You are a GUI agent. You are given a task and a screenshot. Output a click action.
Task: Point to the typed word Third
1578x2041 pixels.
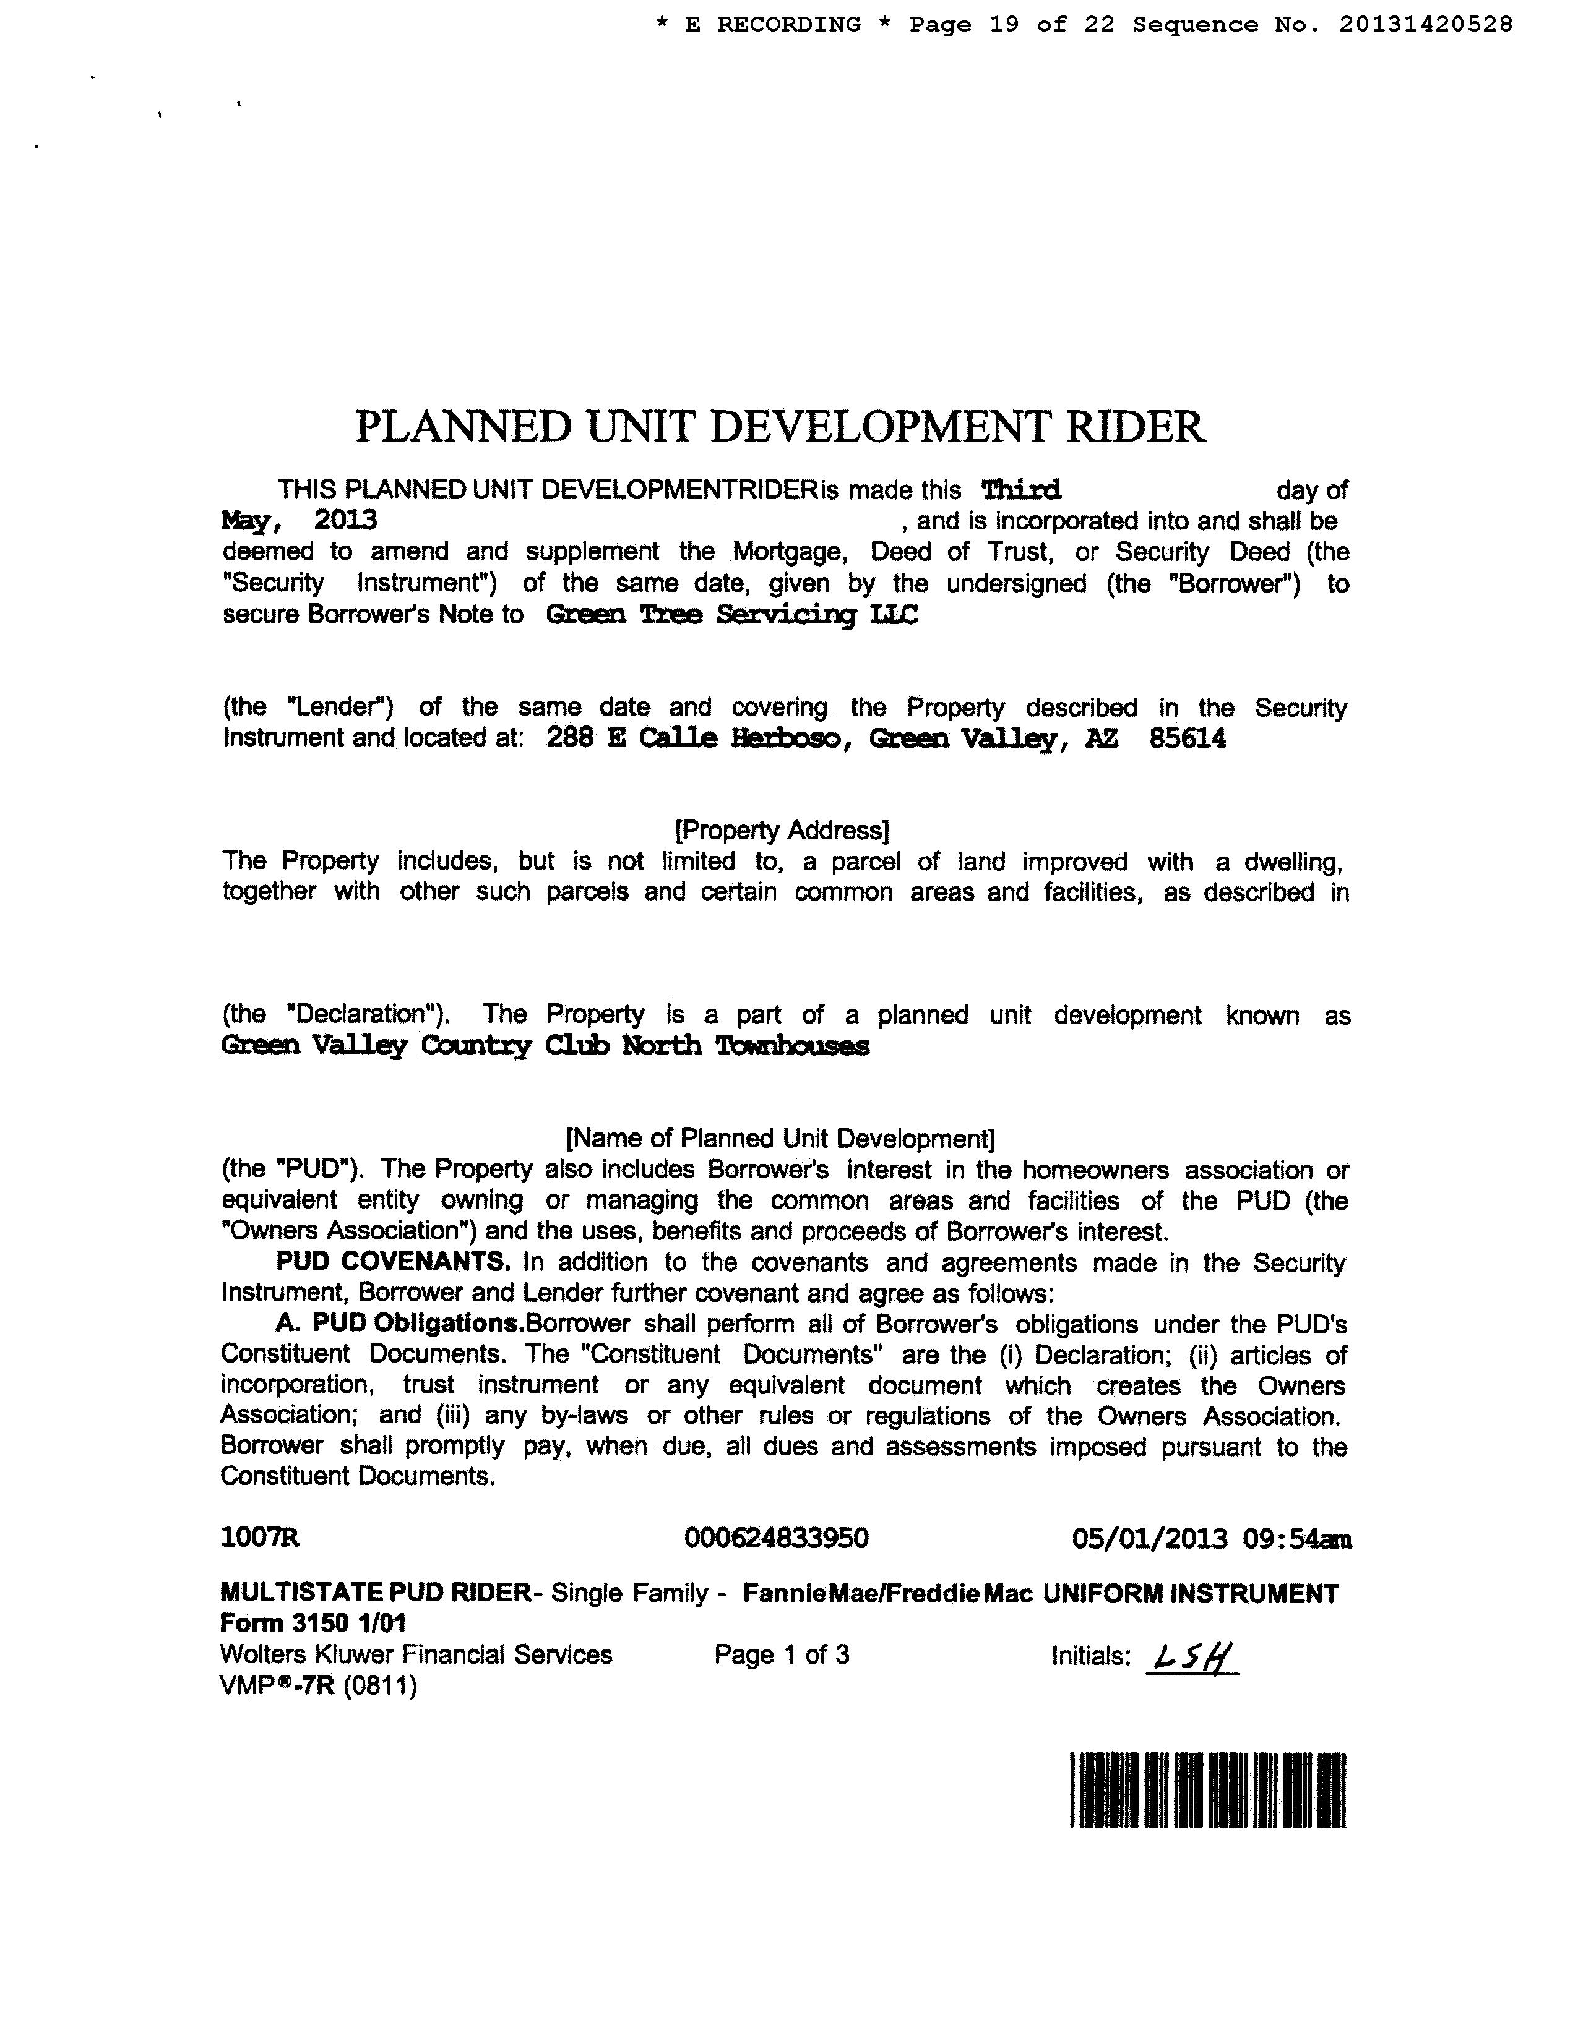[1021, 490]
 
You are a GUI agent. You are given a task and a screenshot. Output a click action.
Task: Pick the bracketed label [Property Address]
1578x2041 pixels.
[782, 830]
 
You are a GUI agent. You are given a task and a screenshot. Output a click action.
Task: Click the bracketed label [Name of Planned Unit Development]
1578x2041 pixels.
[780, 1138]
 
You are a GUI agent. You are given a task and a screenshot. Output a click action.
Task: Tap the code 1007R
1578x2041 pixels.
[260, 1538]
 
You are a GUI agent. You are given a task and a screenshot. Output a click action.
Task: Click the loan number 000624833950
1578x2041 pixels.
[776, 1538]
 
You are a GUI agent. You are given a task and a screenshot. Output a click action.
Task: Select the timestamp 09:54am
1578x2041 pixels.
[1298, 1538]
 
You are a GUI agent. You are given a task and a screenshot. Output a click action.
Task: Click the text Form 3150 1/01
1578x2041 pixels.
[313, 1624]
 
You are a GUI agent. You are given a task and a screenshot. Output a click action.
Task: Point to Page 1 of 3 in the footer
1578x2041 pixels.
[782, 1655]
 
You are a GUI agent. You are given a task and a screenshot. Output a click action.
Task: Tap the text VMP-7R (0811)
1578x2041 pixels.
[318, 1686]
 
